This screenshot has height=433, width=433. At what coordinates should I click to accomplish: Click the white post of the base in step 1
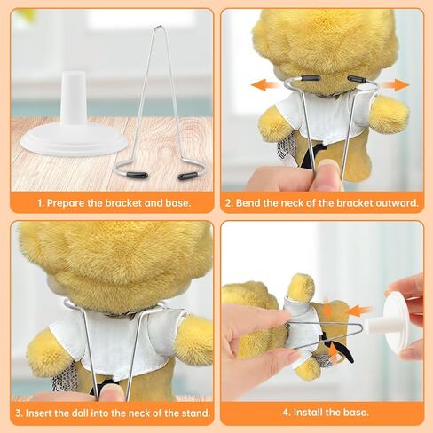point(73,102)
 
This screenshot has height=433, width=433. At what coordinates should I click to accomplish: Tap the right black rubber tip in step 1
point(187,176)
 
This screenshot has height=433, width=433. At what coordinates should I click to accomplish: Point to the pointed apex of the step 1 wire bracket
point(158,28)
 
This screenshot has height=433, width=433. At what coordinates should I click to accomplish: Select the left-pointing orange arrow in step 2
point(263,85)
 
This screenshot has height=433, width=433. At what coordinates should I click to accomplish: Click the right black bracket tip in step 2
point(358,80)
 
